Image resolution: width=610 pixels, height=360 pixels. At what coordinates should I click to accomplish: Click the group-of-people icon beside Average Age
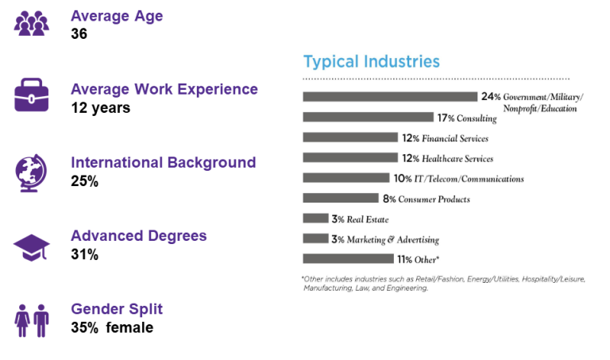pyautogui.click(x=32, y=24)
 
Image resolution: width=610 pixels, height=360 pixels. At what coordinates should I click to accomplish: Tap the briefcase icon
pyautogui.click(x=32, y=98)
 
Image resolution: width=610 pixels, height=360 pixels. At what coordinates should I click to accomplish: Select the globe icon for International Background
pyautogui.click(x=31, y=171)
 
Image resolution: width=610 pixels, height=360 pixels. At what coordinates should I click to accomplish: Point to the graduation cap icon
pyautogui.click(x=32, y=246)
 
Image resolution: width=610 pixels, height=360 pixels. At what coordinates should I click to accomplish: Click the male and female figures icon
pyautogui.click(x=32, y=319)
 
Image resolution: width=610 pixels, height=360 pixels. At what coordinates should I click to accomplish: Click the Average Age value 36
pyautogui.click(x=79, y=34)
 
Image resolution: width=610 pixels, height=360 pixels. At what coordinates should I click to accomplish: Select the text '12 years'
pyautogui.click(x=100, y=107)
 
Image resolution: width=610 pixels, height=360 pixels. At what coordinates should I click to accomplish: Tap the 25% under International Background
pyautogui.click(x=84, y=181)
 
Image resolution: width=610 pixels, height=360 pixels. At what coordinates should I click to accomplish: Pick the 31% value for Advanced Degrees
pyautogui.click(x=84, y=254)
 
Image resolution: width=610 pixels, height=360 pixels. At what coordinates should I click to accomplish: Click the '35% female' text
pyautogui.click(x=111, y=327)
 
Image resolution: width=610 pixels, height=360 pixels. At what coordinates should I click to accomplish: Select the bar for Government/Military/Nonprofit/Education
pyautogui.click(x=389, y=97)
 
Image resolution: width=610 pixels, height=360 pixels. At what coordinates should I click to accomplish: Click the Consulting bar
pyautogui.click(x=368, y=117)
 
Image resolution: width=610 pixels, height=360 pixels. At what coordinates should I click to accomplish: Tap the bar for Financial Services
pyautogui.click(x=349, y=137)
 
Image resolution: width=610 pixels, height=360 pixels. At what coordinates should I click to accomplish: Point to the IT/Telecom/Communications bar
pyautogui.click(x=346, y=178)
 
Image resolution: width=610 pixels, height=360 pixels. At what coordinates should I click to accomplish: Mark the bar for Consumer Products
pyautogui.click(x=340, y=199)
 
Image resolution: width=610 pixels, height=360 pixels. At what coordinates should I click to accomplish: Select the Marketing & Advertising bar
pyautogui.click(x=315, y=238)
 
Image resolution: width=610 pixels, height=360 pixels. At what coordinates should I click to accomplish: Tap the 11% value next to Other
pyautogui.click(x=384, y=259)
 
